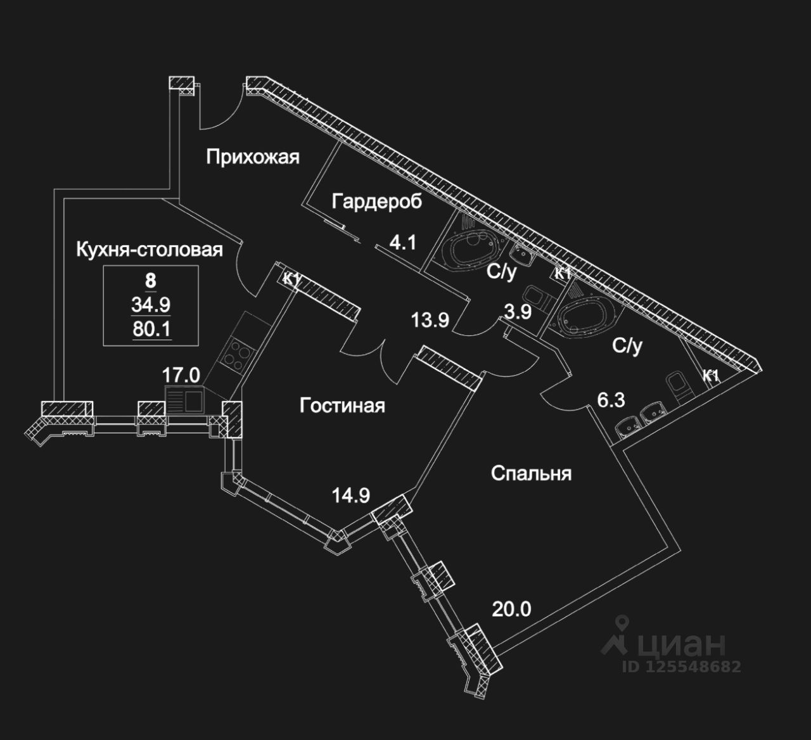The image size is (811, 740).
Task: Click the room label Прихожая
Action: (x=252, y=156)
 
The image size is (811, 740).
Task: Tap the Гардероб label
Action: (x=376, y=202)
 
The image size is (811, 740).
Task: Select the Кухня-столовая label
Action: (x=149, y=250)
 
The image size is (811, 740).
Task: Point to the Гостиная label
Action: (x=342, y=405)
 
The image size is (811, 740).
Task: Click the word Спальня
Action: (x=531, y=473)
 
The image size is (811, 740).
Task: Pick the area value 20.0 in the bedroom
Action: (x=511, y=609)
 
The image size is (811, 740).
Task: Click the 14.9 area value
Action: (x=351, y=495)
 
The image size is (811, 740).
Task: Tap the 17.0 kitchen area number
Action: (x=181, y=375)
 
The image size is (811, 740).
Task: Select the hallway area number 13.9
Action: (x=430, y=321)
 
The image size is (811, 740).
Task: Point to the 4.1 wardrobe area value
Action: (x=402, y=243)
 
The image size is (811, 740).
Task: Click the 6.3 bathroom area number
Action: (x=611, y=400)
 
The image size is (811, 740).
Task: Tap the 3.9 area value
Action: (x=518, y=311)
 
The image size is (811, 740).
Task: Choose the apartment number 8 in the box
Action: (x=150, y=279)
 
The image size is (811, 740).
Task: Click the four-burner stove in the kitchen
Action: (x=234, y=355)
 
